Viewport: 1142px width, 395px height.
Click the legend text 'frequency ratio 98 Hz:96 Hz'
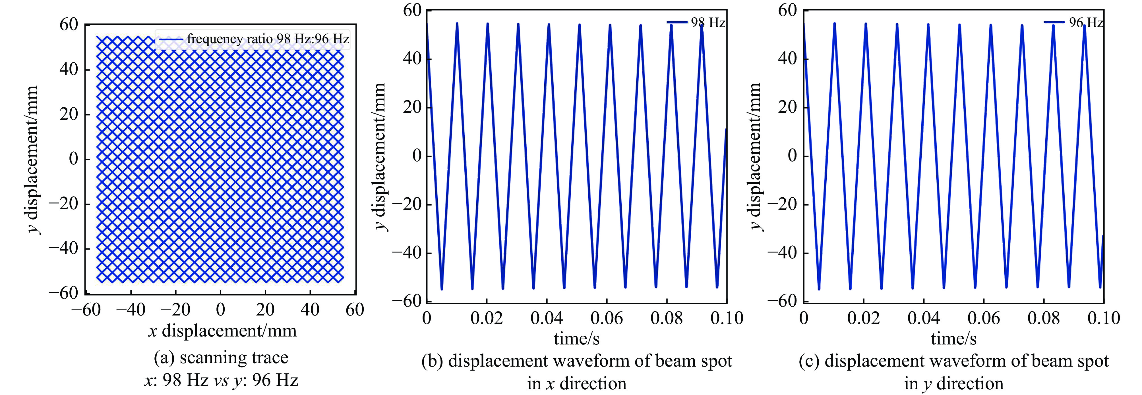(x=268, y=39)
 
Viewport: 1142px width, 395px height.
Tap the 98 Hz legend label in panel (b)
(x=708, y=23)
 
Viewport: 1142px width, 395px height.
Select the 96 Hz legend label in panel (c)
(x=1086, y=23)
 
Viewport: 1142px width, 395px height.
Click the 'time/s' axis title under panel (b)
(x=576, y=339)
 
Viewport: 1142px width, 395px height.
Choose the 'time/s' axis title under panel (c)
(x=953, y=339)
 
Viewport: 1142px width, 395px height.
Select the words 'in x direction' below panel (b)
(x=576, y=383)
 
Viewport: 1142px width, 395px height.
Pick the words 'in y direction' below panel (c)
(x=953, y=383)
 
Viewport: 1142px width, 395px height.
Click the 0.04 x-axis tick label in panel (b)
(x=547, y=318)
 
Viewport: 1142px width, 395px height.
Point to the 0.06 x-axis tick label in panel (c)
(x=984, y=318)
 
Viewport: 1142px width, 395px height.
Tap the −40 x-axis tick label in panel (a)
(x=131, y=310)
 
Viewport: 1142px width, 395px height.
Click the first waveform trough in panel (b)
(x=442, y=289)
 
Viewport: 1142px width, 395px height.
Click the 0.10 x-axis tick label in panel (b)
(x=727, y=318)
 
